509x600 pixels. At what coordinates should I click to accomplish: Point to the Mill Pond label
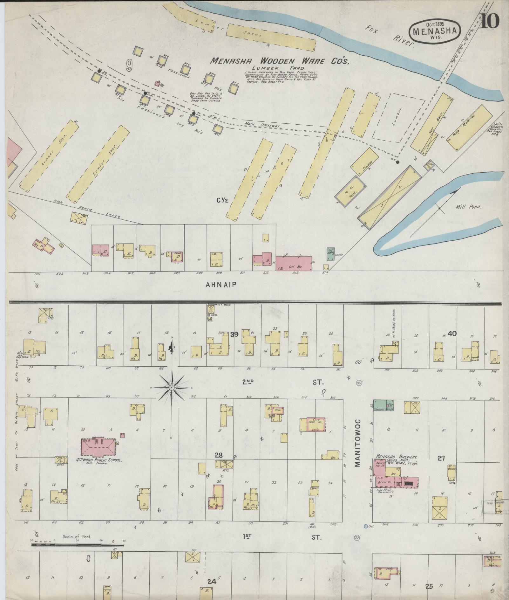click(x=468, y=206)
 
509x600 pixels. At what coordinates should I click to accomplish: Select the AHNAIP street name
click(x=221, y=285)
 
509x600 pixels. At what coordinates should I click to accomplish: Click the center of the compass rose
click(x=172, y=388)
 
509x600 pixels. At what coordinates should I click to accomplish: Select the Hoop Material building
click(x=469, y=128)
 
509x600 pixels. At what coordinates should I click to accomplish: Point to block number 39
click(x=234, y=334)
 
